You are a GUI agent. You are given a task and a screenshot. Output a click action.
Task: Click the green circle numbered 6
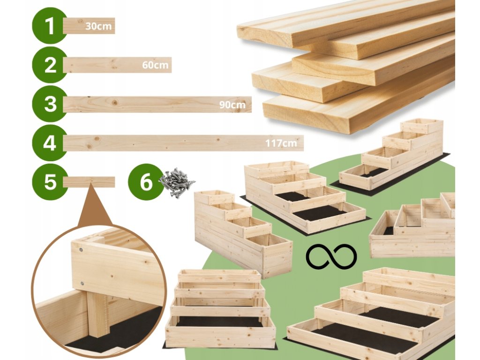146,182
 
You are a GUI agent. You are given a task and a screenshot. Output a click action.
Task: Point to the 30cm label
98,26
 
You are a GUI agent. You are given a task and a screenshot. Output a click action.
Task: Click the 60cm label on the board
155,65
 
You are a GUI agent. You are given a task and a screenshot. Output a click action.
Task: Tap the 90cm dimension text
232,105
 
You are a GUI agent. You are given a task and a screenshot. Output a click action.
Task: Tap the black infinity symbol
331,256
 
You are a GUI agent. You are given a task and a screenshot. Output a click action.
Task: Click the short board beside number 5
89,182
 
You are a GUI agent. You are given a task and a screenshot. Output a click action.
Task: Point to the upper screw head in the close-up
82,250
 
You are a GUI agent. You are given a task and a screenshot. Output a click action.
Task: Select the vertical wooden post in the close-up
99,314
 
